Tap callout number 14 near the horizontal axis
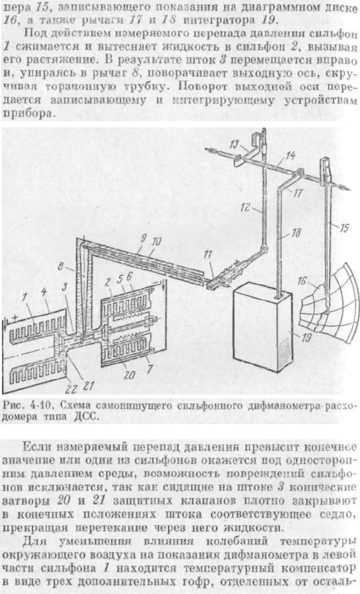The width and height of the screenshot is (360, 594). pyautogui.click(x=291, y=155)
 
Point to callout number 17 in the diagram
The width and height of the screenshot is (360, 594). pyautogui.click(x=299, y=193)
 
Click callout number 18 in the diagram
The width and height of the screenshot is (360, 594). pyautogui.click(x=296, y=233)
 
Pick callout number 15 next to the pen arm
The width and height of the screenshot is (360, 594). pyautogui.click(x=344, y=228)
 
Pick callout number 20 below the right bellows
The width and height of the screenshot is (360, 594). pyautogui.click(x=129, y=375)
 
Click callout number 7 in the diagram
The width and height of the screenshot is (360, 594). pyautogui.click(x=150, y=367)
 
